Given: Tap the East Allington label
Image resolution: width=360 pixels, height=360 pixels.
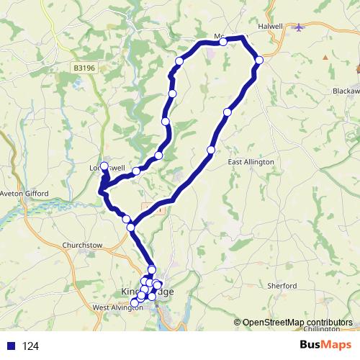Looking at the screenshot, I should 251,162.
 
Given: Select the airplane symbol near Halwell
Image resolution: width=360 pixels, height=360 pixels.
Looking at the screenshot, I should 300,27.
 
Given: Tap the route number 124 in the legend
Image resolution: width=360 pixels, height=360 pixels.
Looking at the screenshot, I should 30,346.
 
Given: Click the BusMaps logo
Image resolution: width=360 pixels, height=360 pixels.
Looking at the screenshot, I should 325,346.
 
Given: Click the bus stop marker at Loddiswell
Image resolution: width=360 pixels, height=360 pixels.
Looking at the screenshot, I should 104,167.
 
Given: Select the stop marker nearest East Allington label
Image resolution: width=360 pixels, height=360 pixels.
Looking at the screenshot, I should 211,150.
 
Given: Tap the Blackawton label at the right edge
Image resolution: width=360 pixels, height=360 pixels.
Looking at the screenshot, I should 346,91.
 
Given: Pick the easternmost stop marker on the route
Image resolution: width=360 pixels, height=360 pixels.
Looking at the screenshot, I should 259,60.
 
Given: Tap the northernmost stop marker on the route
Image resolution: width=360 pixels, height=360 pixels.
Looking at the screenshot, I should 223,42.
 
